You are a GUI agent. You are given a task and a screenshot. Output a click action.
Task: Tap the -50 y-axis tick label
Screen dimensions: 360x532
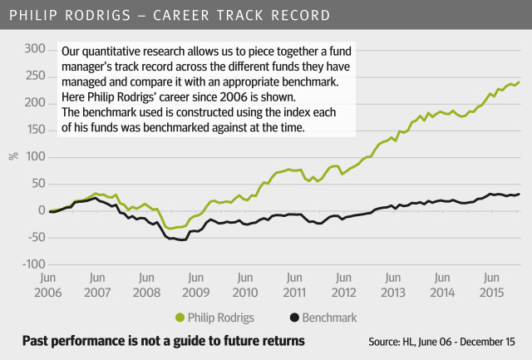32,238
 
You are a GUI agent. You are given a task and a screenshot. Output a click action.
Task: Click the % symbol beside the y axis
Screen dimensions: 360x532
12,156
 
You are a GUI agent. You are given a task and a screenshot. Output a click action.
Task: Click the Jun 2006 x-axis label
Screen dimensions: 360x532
48,285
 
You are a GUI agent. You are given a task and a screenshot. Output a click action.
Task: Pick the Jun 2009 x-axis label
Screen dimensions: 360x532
195,285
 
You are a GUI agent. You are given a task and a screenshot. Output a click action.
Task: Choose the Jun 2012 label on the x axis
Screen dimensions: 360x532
343,285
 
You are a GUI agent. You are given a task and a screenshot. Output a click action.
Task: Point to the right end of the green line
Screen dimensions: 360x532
519,82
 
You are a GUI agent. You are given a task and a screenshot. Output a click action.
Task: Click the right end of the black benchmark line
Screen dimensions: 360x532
519,195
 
